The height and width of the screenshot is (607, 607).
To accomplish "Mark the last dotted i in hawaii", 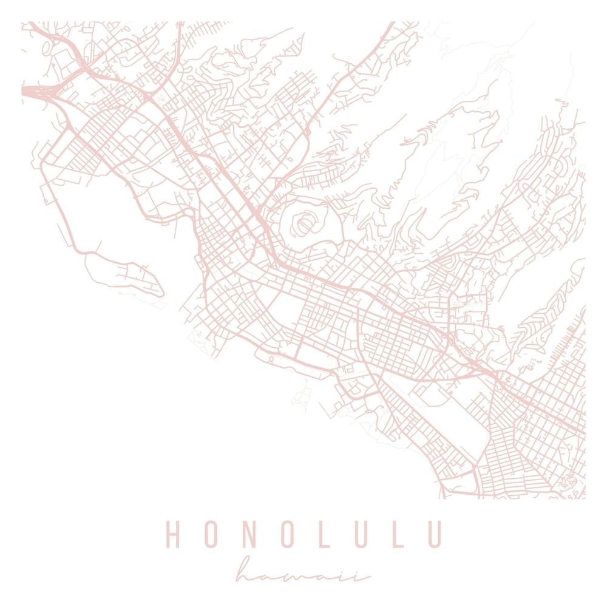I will click(364, 573).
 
